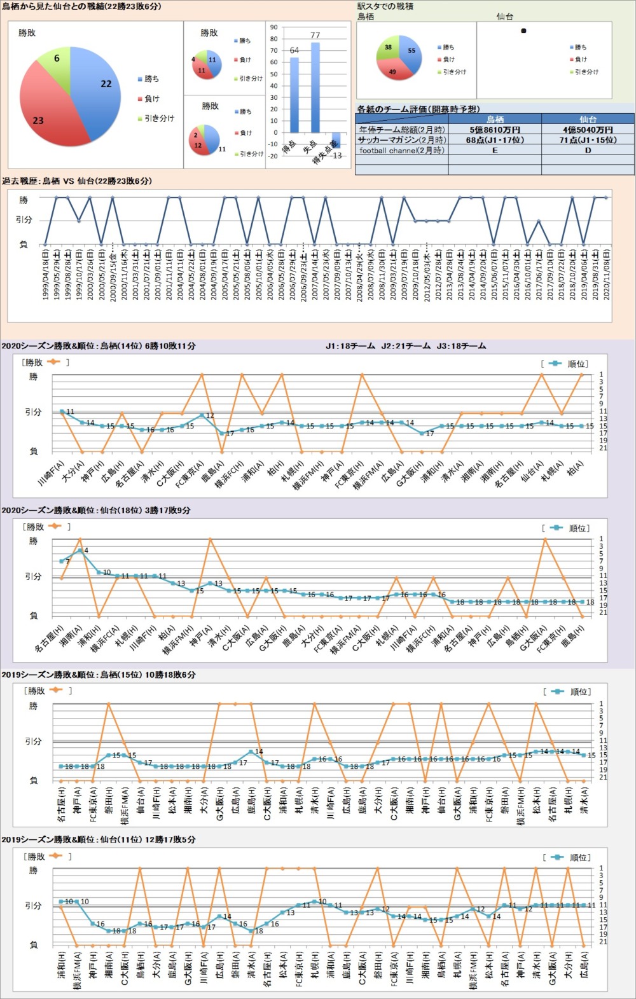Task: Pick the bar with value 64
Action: (x=294, y=95)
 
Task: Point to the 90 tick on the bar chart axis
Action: (x=274, y=27)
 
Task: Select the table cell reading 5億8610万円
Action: (x=495, y=130)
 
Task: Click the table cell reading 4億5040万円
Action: (x=588, y=130)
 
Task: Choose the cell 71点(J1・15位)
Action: (x=588, y=140)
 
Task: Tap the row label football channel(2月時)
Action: (x=402, y=151)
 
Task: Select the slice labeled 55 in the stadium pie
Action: (x=410, y=52)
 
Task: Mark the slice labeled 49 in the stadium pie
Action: (x=392, y=70)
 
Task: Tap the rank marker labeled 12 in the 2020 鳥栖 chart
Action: (x=202, y=415)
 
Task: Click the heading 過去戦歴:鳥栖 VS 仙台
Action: (x=76, y=181)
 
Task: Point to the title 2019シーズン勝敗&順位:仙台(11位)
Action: (x=99, y=840)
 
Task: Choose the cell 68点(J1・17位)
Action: (x=495, y=140)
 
